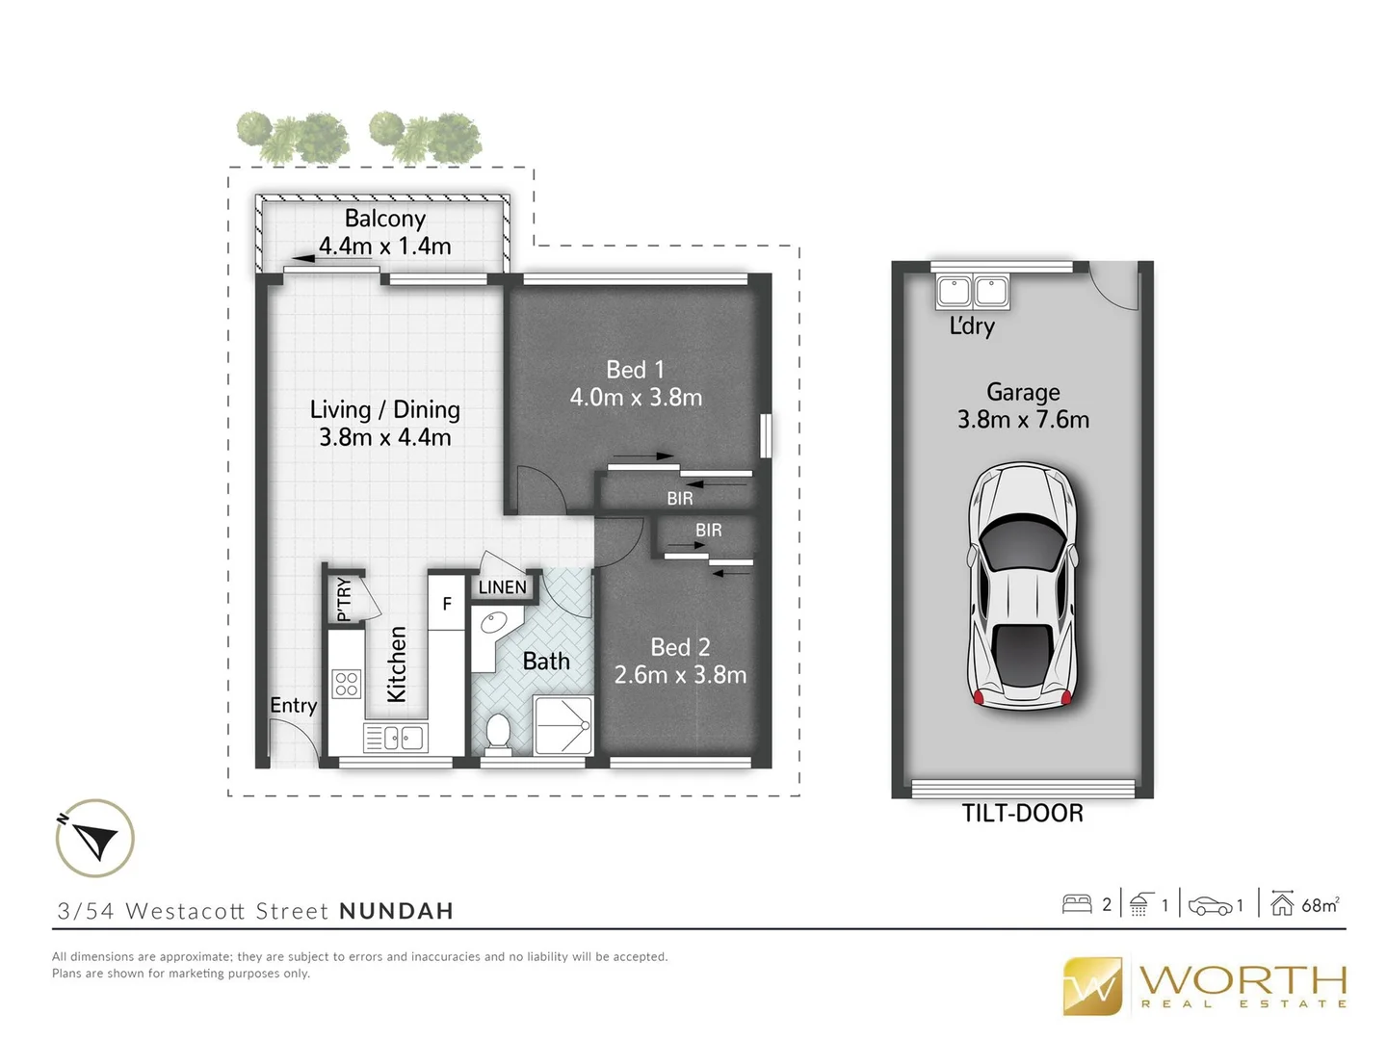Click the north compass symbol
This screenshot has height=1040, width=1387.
94,838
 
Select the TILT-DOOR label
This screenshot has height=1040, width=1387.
1022,814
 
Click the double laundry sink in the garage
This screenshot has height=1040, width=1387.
973,291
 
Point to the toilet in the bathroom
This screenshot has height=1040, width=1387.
498,732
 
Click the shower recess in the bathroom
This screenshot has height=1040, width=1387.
563,725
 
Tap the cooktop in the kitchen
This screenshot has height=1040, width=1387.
347,684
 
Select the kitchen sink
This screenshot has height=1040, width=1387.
396,739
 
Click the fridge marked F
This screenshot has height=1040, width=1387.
446,604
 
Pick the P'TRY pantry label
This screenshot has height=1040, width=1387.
344,598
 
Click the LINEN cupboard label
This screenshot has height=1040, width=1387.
503,587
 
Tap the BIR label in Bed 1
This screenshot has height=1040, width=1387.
679,499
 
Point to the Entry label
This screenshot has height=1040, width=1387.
293,706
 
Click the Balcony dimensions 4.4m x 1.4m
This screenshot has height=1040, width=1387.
385,247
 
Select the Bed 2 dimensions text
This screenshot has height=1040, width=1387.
680,675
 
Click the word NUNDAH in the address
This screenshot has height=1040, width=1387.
396,911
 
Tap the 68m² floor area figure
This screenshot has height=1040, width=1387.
1320,905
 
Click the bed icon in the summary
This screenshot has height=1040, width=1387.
1076,904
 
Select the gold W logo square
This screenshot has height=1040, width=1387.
1092,986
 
